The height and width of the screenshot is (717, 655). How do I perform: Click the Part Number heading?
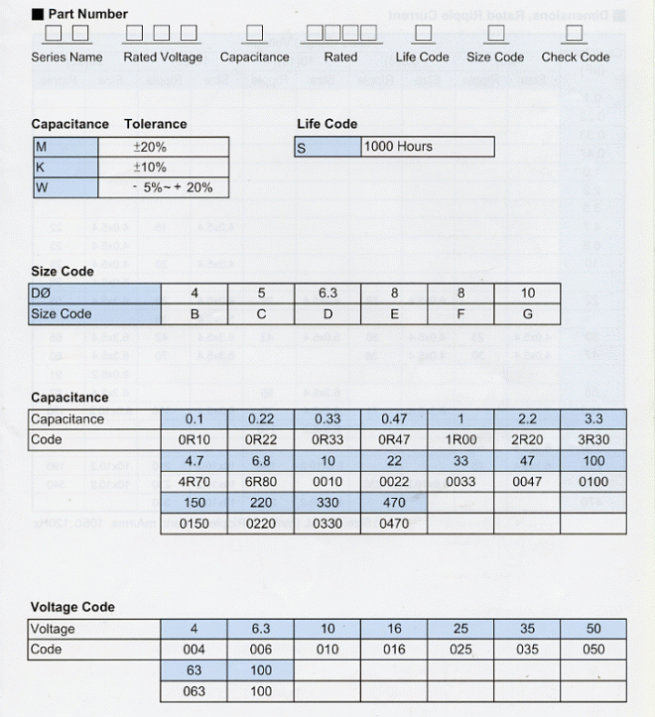pyautogui.click(x=87, y=14)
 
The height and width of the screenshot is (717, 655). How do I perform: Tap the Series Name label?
pyautogui.click(x=66, y=58)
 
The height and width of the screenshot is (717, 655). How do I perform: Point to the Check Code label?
pyautogui.click(x=575, y=58)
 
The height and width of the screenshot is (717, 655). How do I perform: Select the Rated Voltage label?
pyautogui.click(x=163, y=58)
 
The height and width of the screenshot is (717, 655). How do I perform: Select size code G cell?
pyautogui.click(x=527, y=314)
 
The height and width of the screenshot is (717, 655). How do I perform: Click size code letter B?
pyautogui.click(x=195, y=314)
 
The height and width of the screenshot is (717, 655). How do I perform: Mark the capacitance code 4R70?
pyautogui.click(x=194, y=482)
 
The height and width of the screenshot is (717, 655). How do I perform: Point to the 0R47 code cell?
pyautogui.click(x=394, y=440)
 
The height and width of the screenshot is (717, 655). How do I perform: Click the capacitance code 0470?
pyautogui.click(x=394, y=524)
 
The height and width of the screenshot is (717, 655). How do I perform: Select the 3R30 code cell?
pyautogui.click(x=593, y=440)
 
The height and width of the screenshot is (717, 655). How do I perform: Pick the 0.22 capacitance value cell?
pyautogui.click(x=260, y=419)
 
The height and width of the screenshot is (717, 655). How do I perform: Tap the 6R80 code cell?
pyautogui.click(x=260, y=482)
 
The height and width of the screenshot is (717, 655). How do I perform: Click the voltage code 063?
pyautogui.click(x=194, y=691)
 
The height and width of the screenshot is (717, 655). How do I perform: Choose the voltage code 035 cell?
pyautogui.click(x=527, y=650)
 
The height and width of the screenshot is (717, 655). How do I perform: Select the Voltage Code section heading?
pyautogui.click(x=72, y=607)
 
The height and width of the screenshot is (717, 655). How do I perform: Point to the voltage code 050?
pyautogui.click(x=593, y=650)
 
